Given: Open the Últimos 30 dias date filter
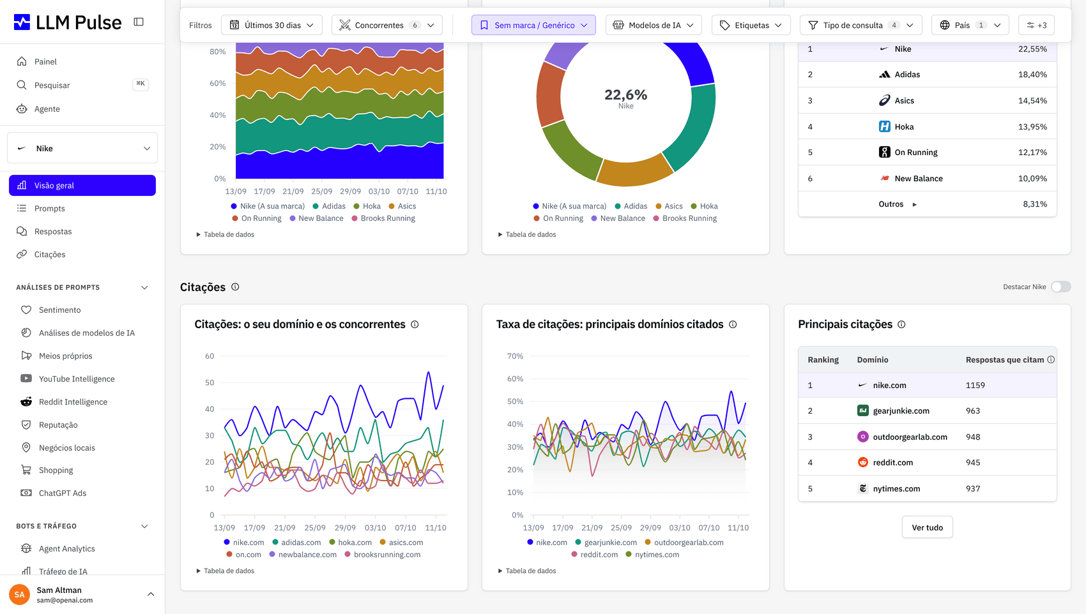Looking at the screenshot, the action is [271, 25].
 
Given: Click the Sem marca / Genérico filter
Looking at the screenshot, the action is [533, 25].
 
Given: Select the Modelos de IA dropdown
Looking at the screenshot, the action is [654, 25].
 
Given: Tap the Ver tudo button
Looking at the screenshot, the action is [927, 527].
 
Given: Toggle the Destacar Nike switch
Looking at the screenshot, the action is [1061, 287].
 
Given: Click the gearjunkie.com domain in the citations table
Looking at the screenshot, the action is [901, 410].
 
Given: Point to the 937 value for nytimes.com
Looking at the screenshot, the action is [972, 489].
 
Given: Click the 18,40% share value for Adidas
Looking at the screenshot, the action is [1032, 75].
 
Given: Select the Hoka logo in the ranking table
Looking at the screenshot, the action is [884, 126].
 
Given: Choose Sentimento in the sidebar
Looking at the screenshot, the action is [59, 310].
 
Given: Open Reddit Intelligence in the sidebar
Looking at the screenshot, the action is [73, 402].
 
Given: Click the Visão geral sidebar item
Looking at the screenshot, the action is [82, 186].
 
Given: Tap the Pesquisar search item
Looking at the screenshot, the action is [52, 86].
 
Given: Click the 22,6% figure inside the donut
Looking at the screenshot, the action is [625, 94].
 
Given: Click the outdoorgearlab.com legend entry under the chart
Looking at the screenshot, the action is [685, 543].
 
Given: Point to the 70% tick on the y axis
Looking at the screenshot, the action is [515, 356].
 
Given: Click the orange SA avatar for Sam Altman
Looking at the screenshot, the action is [19, 595].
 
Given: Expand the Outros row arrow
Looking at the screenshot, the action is [914, 204].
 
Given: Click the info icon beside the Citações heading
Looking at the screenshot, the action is [235, 287].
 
